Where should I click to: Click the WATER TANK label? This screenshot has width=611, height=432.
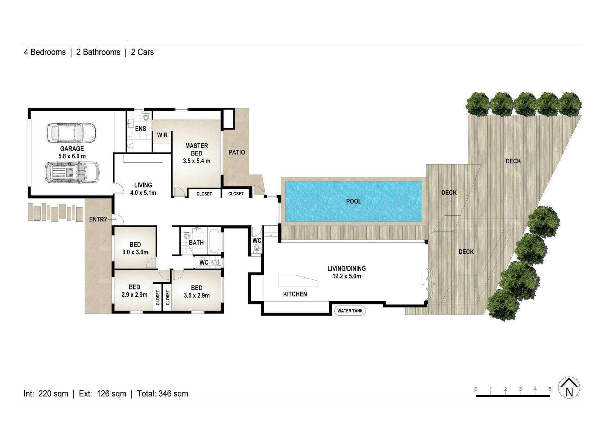point(350,311)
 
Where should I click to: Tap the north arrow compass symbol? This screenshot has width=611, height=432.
point(569,388)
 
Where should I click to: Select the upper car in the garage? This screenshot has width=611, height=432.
point(71,133)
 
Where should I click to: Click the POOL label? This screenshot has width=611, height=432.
point(353,201)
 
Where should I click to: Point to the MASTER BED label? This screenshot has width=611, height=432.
point(196,149)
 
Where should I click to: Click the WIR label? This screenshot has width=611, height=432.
point(162,135)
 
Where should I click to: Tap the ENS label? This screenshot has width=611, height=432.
point(140,129)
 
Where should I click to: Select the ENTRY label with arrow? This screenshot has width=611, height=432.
point(102,219)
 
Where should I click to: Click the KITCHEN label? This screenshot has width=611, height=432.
point(295,294)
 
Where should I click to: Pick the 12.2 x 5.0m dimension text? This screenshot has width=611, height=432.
point(347,276)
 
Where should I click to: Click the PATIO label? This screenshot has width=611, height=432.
point(236,152)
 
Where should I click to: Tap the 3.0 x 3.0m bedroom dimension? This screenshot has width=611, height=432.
point(135,252)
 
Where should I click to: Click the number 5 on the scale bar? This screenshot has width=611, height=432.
point(549,389)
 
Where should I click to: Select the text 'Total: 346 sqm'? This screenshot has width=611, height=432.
point(162,393)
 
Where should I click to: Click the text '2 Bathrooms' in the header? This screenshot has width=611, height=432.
point(98,52)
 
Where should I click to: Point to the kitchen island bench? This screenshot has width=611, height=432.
point(297,281)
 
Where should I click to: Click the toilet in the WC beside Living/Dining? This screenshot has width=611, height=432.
point(256,248)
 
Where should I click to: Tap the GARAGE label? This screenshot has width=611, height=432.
point(72,148)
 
